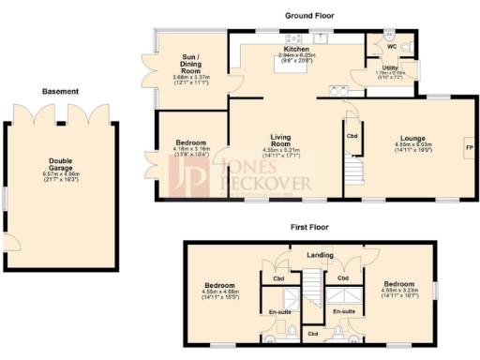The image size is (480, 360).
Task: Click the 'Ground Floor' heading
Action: tap(309, 16)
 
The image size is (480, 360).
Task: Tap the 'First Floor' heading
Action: tap(313, 228)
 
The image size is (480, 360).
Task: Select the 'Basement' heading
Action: tap(60, 92)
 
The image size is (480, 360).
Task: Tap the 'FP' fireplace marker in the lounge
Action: tap(469, 148)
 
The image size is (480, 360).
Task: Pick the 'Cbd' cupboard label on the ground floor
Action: tap(352, 134)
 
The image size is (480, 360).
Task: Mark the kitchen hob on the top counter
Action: tap(301, 38)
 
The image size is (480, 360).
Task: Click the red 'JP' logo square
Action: tap(190, 174)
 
